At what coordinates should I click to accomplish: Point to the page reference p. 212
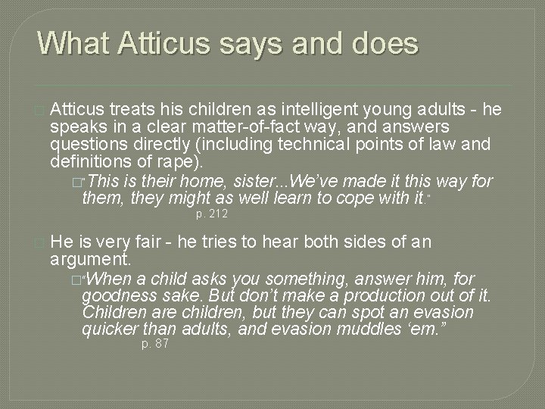212,215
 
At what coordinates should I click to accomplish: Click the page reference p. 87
155,345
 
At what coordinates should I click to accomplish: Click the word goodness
118,295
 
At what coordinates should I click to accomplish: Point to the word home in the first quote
192,182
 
